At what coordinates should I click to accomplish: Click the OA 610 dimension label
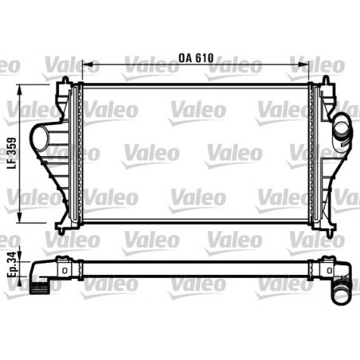click(x=196, y=58)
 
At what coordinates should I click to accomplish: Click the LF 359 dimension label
click(x=12, y=154)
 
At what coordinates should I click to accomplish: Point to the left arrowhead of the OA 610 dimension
click(x=87, y=65)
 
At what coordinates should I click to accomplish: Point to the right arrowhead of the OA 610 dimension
click(x=304, y=65)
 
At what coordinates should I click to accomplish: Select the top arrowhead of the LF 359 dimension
click(x=19, y=90)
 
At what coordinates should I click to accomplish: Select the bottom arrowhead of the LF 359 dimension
click(x=19, y=217)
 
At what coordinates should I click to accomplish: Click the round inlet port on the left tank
click(x=41, y=139)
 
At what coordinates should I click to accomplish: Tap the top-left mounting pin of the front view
click(x=65, y=80)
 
